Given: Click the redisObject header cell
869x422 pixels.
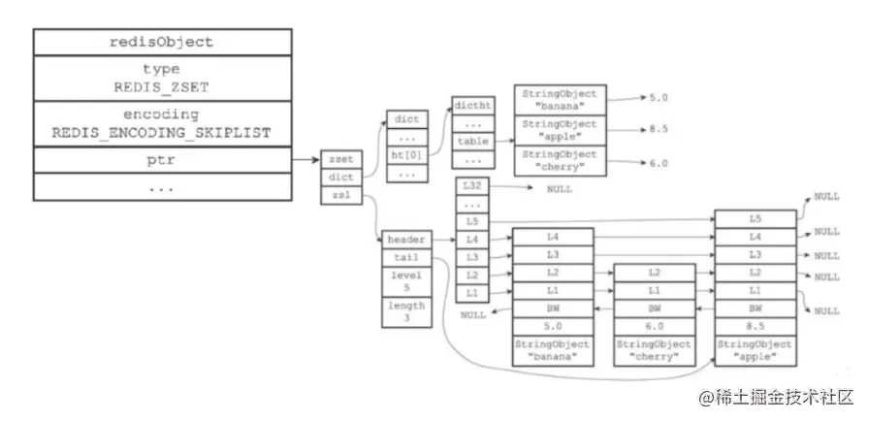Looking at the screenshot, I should (162, 42).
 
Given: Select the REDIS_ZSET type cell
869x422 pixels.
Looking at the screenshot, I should (162, 78).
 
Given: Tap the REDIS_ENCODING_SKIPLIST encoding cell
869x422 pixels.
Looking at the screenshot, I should (162, 124).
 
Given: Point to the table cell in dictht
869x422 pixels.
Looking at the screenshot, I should (472, 140).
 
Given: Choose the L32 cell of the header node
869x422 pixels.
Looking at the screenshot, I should (472, 186).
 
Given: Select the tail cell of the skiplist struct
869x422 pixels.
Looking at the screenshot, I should (405, 257).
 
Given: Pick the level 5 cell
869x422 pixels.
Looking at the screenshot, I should (405, 281).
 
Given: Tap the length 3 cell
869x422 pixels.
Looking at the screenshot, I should (405, 311).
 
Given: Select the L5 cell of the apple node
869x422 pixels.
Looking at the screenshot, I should (756, 219).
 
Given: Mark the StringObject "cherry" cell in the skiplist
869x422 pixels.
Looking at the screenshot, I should (655, 350).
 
